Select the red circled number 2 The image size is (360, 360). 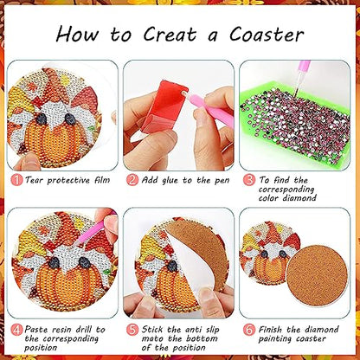132,179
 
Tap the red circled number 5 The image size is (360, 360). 132,328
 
